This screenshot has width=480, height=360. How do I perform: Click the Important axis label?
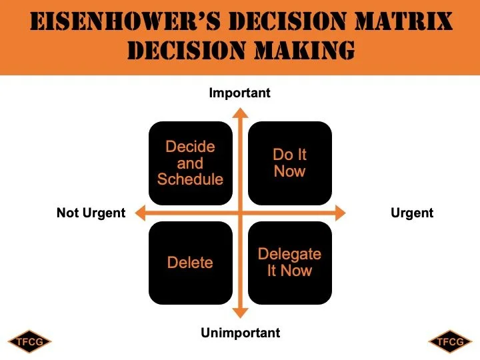click(x=240, y=93)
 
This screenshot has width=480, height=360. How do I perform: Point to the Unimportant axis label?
click(x=241, y=332)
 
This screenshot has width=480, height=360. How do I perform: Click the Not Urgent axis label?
click(x=91, y=213)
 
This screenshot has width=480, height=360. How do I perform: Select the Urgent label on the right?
click(x=411, y=213)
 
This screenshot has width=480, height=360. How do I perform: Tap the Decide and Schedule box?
click(x=190, y=163)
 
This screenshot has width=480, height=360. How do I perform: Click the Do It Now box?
click(x=290, y=163)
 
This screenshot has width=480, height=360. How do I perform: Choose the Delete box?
click(x=190, y=263)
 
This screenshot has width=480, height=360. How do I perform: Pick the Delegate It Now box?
click(x=290, y=263)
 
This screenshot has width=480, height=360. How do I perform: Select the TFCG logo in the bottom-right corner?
click(x=450, y=342)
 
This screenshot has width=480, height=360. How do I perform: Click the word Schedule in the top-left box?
click(x=190, y=179)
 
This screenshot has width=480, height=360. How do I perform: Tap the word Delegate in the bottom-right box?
click(x=289, y=254)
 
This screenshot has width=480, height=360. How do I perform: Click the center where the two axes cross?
click(x=240, y=213)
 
